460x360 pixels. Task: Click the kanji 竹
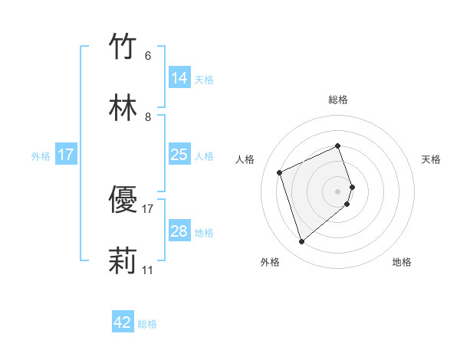[x=123, y=47]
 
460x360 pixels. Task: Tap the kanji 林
[x=123, y=108]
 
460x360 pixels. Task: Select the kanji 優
[x=123, y=200]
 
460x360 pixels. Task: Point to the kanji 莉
[x=123, y=261]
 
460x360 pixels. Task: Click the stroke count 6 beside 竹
[x=148, y=56]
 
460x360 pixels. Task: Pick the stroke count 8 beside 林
[x=148, y=117]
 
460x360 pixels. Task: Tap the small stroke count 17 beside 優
[x=148, y=208]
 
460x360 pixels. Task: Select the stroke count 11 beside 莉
[x=148, y=270]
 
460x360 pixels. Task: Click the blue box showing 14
[x=179, y=78]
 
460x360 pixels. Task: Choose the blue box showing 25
[x=179, y=155]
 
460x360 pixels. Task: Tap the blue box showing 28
[x=179, y=231]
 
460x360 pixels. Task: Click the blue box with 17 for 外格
[x=66, y=155]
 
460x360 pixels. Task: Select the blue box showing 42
[x=123, y=322]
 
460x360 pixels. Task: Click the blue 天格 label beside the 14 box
[x=204, y=80]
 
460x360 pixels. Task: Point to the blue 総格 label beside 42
[x=147, y=324]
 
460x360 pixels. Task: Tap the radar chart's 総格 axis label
[x=338, y=100]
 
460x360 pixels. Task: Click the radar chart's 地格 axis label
[x=402, y=263]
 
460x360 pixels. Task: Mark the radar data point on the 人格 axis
[x=281, y=172]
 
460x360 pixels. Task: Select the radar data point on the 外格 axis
[x=301, y=242]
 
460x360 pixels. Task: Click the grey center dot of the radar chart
[x=338, y=191]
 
